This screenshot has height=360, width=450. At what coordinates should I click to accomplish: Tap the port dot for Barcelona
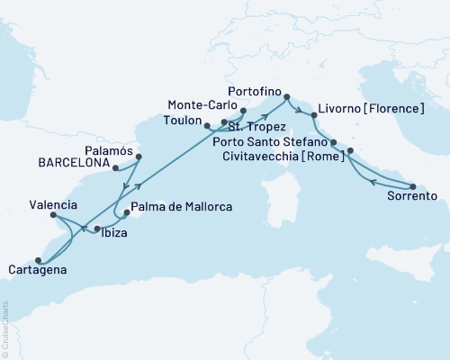pos(116,166)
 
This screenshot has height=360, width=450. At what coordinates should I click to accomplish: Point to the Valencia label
pos(28,204)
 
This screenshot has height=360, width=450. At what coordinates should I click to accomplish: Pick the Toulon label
pos(184,119)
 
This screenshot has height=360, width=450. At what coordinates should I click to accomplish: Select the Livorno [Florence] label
pos(373,109)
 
